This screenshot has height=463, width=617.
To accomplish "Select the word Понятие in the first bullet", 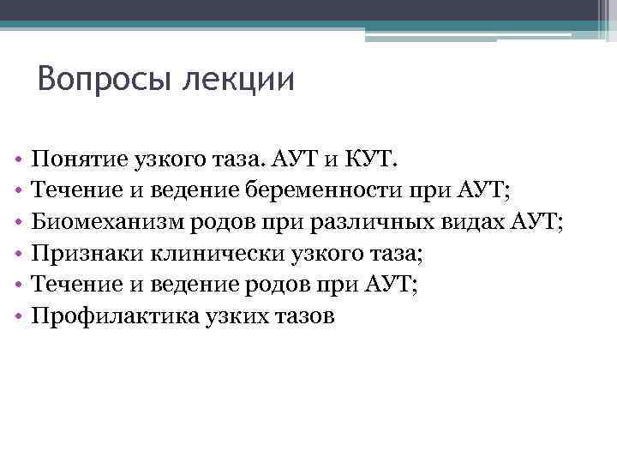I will tap(75, 159).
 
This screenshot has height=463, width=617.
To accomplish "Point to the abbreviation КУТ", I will tap(368, 159).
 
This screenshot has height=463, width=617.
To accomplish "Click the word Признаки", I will tap(85, 254).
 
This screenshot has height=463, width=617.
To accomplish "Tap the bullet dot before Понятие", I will tap(17, 159).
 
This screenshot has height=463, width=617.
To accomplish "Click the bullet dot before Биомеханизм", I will tap(17, 223).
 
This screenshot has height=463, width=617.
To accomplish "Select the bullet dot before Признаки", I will tap(17, 255).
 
